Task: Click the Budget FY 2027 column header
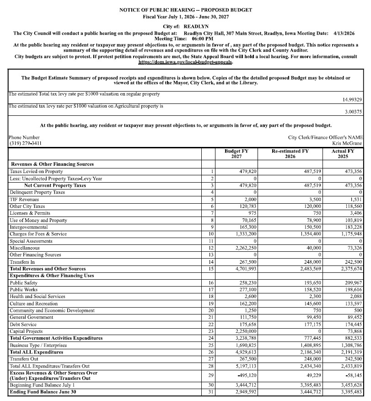[236, 153]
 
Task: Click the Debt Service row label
[22, 325]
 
